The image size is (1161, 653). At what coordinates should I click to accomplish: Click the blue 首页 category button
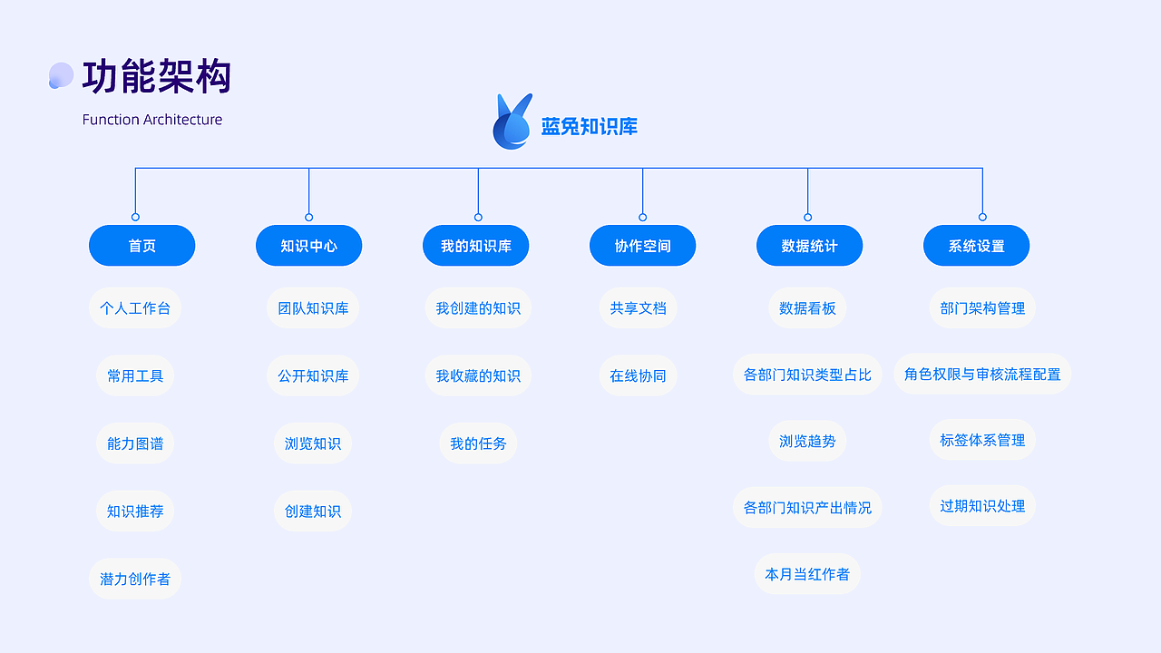tap(141, 246)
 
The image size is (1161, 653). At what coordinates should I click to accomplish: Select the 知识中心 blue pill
tap(308, 246)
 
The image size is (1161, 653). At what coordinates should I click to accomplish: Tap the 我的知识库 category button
tap(475, 246)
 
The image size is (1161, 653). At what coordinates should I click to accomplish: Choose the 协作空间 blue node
tap(642, 246)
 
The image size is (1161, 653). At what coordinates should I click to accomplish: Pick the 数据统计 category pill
tap(809, 246)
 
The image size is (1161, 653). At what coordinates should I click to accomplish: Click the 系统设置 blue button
tap(976, 246)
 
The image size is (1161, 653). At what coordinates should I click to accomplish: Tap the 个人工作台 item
tap(135, 308)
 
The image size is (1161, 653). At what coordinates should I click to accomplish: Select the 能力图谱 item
tap(135, 443)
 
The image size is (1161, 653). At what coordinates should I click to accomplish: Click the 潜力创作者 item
tap(135, 579)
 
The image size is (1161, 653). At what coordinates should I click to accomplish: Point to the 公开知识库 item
tap(313, 375)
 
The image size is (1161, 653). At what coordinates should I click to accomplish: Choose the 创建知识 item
tap(313, 512)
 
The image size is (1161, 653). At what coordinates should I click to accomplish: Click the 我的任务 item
tap(478, 443)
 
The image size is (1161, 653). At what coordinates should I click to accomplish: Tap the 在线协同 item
tap(638, 375)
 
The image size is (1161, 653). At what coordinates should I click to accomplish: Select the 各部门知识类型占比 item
tap(807, 375)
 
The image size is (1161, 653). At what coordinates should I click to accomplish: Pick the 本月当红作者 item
tap(807, 574)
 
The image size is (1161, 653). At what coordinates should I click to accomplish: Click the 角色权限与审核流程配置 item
tap(982, 374)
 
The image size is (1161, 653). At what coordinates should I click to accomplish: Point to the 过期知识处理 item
tap(982, 506)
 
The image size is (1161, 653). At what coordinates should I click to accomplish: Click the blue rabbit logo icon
tap(512, 122)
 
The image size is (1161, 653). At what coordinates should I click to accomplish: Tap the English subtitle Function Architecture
tap(152, 120)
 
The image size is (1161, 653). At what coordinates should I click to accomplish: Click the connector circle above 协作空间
tap(642, 217)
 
